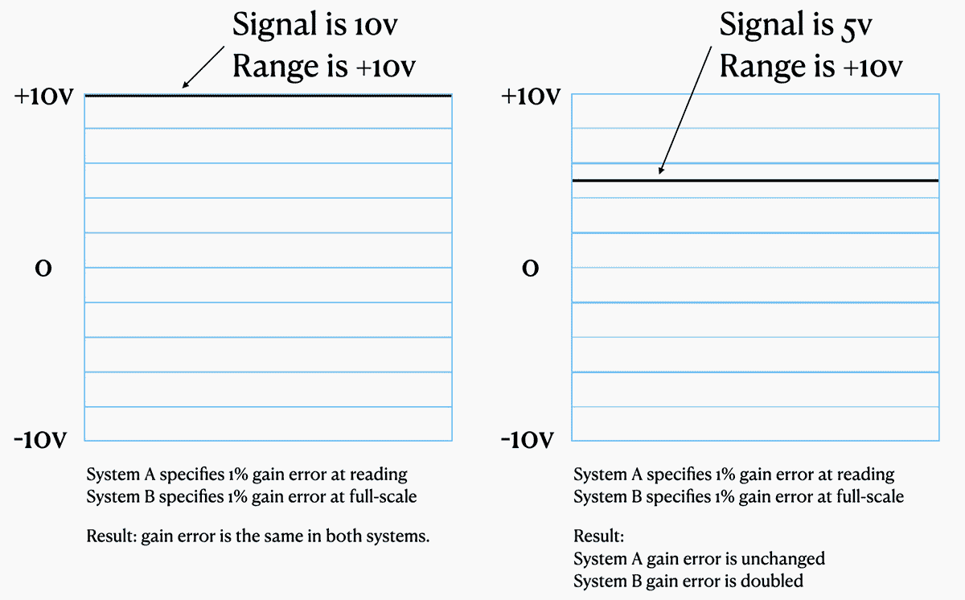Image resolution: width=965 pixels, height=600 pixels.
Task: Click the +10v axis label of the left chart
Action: coord(44,96)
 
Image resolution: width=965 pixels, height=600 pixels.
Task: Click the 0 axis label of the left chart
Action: coord(43,269)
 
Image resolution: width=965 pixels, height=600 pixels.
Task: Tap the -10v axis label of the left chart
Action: coord(40,440)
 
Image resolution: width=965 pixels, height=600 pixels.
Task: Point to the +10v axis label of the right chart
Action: coord(531,96)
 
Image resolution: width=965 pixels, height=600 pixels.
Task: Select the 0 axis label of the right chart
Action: coord(530,269)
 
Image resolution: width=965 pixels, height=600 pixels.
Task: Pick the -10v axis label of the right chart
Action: coord(528,440)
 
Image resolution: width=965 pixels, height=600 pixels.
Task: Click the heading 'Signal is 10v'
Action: coord(315,25)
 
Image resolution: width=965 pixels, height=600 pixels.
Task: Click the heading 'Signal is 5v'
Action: coord(795,25)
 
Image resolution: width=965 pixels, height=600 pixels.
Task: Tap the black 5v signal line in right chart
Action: coord(755,180)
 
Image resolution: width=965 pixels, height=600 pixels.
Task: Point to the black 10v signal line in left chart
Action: coord(268,96)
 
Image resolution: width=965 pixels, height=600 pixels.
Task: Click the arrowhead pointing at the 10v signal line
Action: coord(185,85)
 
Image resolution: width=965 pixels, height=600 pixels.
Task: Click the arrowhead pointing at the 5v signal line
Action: coord(661,171)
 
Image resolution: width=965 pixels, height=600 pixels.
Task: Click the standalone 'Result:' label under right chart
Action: coord(599,536)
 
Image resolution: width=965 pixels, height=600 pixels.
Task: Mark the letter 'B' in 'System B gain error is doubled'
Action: coord(636,581)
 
